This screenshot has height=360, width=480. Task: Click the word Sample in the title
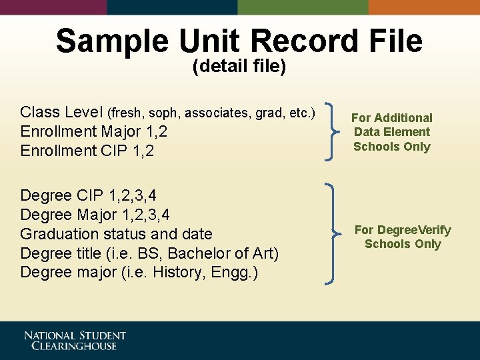pos(112,41)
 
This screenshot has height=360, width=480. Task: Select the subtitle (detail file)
pos(239,67)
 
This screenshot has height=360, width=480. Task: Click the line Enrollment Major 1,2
pos(94,131)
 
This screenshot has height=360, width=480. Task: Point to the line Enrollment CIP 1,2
pos(87,151)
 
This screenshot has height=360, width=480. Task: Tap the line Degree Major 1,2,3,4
pos(95,215)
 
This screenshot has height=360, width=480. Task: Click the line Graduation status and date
pos(116,234)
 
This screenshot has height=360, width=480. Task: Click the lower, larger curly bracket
pos(331,234)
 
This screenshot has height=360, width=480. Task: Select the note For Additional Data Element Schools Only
pos(392,132)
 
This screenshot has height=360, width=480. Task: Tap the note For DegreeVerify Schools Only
pos(403,237)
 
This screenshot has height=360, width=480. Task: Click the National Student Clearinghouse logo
pos(75,341)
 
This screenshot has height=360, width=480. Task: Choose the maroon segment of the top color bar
pos(53,7)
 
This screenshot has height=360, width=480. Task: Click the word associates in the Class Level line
pos(218,112)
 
